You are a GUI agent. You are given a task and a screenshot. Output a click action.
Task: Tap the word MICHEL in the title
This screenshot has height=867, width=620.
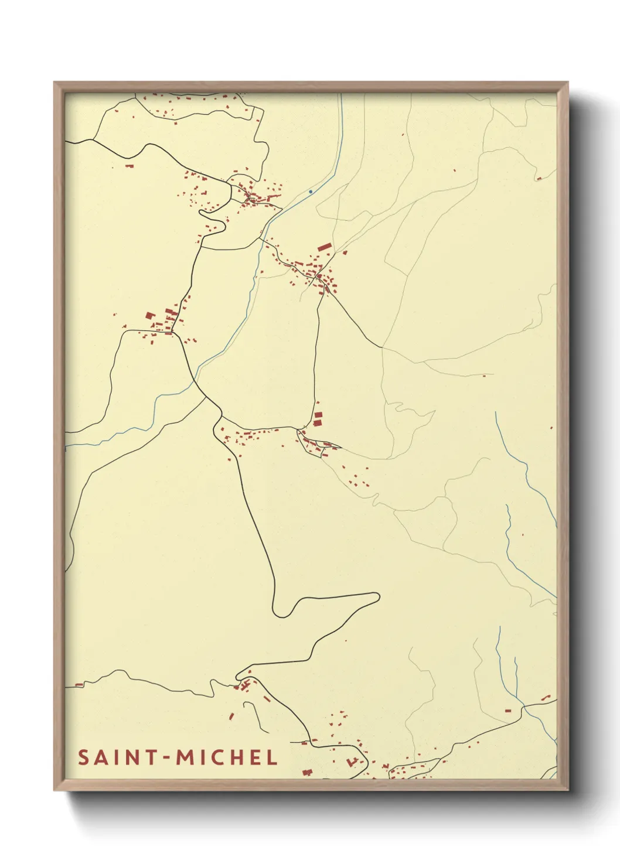click(x=227, y=757)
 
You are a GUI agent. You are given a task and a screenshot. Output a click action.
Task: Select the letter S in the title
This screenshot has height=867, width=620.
click(x=83, y=757)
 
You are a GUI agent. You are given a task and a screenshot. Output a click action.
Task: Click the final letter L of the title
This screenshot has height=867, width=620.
click(x=271, y=757)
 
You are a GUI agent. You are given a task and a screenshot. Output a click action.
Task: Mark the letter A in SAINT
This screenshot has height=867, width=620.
click(x=100, y=757)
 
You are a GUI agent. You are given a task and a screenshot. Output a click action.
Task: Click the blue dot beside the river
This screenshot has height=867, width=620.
click(x=310, y=192)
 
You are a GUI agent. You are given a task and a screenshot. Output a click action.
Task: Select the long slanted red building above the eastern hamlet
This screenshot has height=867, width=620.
click(x=324, y=248)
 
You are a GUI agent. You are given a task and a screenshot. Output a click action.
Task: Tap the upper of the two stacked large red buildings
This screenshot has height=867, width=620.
click(x=318, y=415)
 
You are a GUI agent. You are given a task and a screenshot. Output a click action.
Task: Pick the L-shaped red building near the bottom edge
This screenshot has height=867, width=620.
click(x=352, y=762)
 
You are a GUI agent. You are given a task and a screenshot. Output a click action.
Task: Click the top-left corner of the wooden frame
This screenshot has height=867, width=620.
click(x=54, y=83)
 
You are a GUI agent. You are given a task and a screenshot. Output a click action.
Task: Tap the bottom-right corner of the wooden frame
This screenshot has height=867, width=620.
click(x=568, y=790)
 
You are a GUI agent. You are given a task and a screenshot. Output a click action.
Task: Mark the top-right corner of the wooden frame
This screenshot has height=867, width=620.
click(x=568, y=83)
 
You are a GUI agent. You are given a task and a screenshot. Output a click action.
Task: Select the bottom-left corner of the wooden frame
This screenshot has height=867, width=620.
click(x=54, y=790)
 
